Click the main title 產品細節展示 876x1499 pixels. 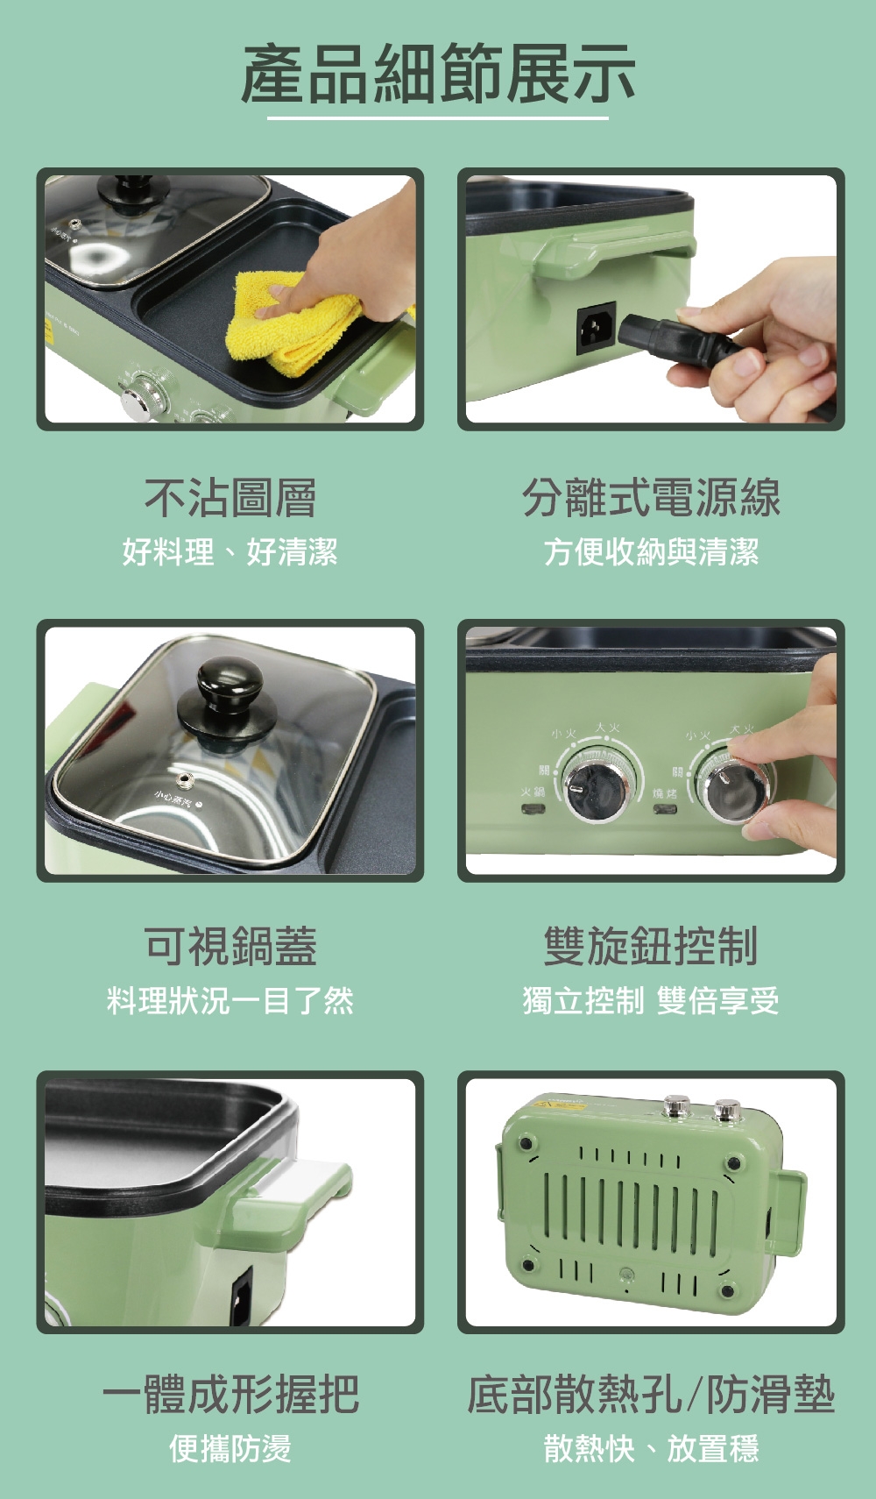437,75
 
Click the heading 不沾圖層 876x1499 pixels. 230,498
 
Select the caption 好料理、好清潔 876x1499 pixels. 230,552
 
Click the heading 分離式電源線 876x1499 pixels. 650,498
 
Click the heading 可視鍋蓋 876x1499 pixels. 230,946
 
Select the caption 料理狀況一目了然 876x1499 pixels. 230,1000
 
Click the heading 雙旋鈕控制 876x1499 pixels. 650,946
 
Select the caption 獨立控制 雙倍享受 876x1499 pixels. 650,1000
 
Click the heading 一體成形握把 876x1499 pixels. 230,1395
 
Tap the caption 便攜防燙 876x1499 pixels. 230,1448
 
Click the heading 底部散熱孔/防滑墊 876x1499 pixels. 650,1395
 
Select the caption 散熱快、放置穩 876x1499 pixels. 650,1448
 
